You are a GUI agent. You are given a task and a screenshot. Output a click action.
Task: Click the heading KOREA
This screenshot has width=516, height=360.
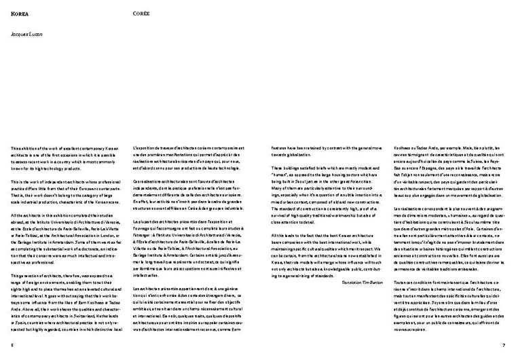(x=19, y=13)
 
